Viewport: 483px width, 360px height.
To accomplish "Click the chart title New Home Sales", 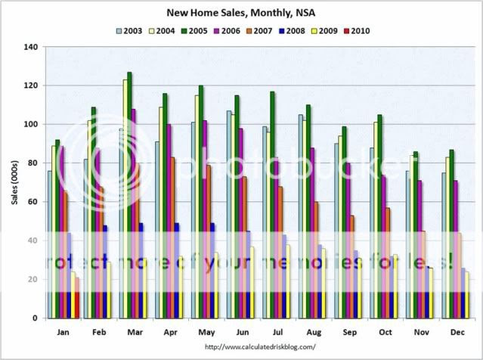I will pos(241,13).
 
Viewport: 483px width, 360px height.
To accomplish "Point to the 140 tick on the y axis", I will pos(30,47).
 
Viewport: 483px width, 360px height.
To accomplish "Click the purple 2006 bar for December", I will pos(456,250).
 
